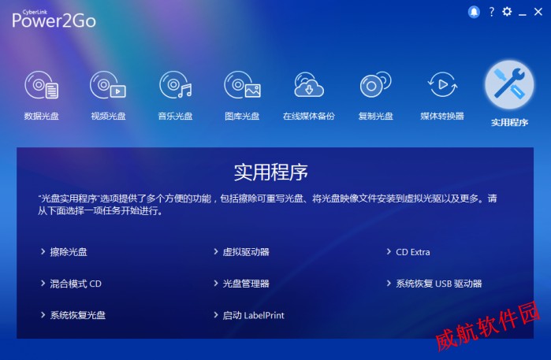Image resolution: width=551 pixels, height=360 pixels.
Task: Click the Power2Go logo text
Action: (x=54, y=20)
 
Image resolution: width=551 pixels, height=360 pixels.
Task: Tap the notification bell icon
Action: (x=474, y=12)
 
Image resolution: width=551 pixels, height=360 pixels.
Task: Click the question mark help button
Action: (x=492, y=12)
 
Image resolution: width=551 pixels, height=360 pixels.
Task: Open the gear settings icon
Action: (x=507, y=12)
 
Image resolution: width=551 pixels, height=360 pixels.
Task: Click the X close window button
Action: (x=538, y=12)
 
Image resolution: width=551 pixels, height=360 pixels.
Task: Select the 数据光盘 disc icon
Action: (x=42, y=85)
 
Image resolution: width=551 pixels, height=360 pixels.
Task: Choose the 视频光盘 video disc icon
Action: (x=108, y=85)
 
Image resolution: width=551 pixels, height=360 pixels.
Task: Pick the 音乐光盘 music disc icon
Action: (x=175, y=85)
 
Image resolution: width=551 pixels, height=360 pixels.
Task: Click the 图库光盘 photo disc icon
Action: (x=242, y=85)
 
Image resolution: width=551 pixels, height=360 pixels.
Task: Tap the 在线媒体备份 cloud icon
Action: (x=309, y=84)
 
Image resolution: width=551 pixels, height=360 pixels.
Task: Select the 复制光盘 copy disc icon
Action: (x=375, y=84)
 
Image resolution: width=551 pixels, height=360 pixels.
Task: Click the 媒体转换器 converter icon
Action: (x=442, y=84)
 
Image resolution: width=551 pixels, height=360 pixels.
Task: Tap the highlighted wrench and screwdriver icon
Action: (x=509, y=84)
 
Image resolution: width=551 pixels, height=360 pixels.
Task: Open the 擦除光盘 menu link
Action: (x=65, y=252)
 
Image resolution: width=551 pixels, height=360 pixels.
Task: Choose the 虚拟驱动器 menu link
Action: (x=242, y=252)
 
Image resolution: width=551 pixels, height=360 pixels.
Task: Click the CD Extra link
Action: (x=408, y=252)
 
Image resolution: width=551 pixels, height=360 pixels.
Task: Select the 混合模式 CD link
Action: (x=71, y=284)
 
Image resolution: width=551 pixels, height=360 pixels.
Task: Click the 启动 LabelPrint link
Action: (x=249, y=315)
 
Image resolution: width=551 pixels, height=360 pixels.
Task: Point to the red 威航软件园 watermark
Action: (x=487, y=326)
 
